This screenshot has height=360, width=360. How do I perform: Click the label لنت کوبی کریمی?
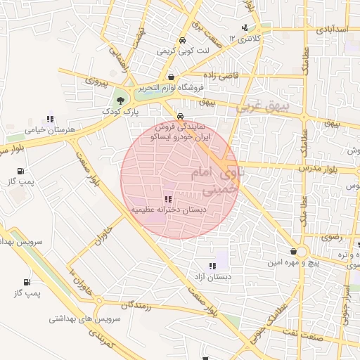point(174,51)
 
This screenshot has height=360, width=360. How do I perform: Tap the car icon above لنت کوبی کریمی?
point(183,40)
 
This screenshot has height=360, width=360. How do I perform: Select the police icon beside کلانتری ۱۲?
point(244,28)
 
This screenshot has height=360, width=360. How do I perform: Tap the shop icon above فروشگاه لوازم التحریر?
point(172,77)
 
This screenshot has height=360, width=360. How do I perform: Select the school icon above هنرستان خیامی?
point(49,120)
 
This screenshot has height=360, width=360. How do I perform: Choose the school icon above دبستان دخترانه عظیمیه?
point(167,199)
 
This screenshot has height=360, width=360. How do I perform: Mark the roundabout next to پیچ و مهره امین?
point(302,252)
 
